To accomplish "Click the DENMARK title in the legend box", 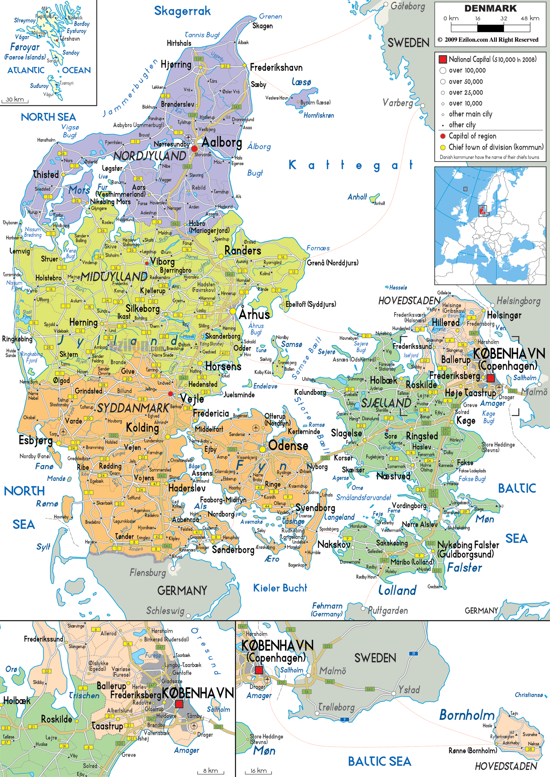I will [490, 9].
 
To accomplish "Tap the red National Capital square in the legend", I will [442, 59].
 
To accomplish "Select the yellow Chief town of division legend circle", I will [442, 147].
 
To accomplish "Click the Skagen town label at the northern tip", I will [262, 26].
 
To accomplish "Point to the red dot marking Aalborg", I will [194, 148].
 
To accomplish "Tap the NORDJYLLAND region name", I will [150, 156].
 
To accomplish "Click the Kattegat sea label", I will [351, 165].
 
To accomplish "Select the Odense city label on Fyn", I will [288, 446].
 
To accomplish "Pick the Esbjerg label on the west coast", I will [35, 440].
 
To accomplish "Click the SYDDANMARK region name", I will [133, 408].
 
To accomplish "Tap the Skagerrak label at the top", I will [182, 11].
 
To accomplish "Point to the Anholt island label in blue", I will [357, 197].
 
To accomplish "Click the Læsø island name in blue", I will [301, 82].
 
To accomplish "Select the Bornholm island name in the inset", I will [467, 715].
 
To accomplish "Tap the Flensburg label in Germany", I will [148, 573].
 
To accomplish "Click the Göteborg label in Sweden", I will [407, 6].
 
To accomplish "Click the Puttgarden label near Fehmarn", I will [388, 610].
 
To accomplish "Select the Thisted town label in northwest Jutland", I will [46, 174].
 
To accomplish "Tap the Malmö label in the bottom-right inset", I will [333, 671].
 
